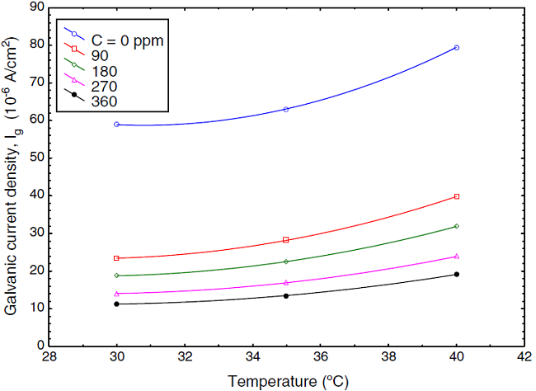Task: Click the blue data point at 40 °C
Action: (x=456, y=48)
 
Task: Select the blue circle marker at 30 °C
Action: (x=117, y=125)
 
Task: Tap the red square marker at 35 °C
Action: (x=286, y=240)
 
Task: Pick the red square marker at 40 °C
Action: (x=456, y=196)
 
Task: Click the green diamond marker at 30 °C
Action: (x=117, y=276)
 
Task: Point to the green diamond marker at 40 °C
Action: (x=456, y=226)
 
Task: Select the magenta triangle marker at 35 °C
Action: (x=286, y=283)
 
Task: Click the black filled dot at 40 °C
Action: (x=456, y=275)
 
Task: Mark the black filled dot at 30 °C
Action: (x=117, y=304)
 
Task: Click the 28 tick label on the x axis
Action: (x=49, y=359)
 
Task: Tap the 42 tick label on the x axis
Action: (x=524, y=359)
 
